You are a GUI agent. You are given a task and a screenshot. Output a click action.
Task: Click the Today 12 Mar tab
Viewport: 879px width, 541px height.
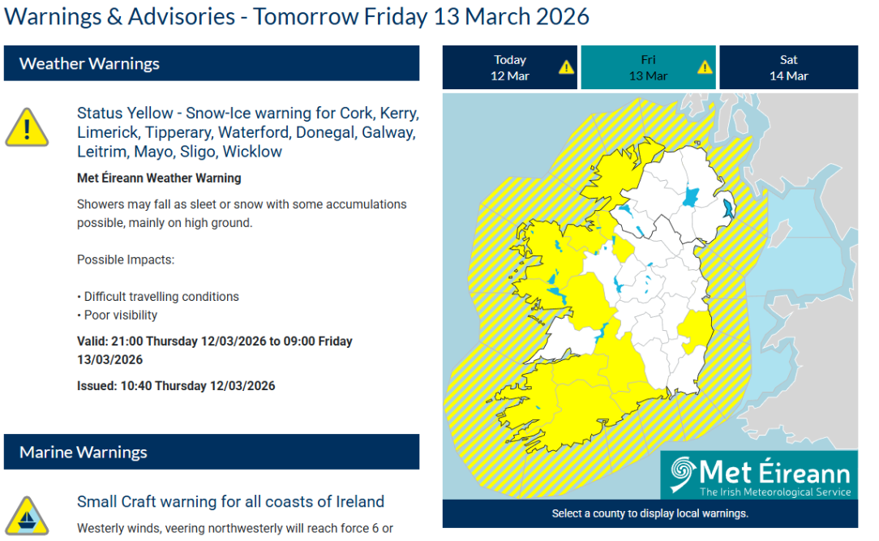[x=509, y=67]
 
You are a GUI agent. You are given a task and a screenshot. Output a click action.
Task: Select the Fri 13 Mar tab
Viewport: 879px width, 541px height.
[x=648, y=67]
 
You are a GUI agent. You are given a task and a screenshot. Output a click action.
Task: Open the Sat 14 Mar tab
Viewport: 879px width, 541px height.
[x=789, y=67]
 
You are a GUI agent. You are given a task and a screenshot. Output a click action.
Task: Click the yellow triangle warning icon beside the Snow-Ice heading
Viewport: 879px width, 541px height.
[x=27, y=128]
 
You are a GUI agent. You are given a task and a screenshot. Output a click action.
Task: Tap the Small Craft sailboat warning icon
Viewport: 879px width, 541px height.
[x=27, y=516]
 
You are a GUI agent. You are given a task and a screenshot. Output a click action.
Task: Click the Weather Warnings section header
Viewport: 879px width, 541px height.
[x=212, y=63]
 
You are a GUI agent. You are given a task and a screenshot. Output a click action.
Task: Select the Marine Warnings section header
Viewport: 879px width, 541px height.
[x=212, y=452]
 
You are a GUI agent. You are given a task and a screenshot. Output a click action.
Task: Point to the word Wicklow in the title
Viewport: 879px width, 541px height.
[x=252, y=152]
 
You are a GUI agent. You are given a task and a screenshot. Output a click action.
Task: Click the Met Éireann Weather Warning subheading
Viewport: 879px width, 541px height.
[x=159, y=178]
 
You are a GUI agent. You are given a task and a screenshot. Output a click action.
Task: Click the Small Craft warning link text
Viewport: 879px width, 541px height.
[x=230, y=501]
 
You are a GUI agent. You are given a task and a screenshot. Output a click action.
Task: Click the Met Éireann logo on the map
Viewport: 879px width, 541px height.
[x=759, y=474]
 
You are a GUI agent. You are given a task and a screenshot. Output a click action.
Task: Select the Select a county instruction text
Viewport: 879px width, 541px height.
[x=650, y=513]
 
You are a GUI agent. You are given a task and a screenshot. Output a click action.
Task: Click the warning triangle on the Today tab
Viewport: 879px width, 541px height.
[x=566, y=67]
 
